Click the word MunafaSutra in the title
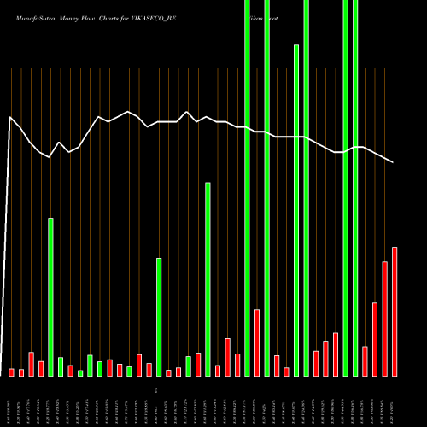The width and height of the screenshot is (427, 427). pyautogui.click(x=26, y=16)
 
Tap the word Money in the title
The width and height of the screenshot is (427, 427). pyautogui.click(x=65, y=16)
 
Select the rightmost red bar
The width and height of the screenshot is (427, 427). pyautogui.click(x=395, y=311)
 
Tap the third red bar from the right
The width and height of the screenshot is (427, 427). pyautogui.click(x=375, y=339)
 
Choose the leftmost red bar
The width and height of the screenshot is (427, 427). pyautogui.click(x=12, y=371)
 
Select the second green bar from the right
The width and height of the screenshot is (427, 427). pyautogui.click(x=346, y=188)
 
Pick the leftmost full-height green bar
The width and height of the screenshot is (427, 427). pyautogui.click(x=247, y=188)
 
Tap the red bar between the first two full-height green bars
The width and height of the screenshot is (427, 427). pyautogui.click(x=257, y=342)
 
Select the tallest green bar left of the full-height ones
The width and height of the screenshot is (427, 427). pyautogui.click(x=208, y=278)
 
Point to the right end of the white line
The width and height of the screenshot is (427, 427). pyautogui.click(x=394, y=162)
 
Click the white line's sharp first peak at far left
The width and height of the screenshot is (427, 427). pyautogui.click(x=9, y=117)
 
